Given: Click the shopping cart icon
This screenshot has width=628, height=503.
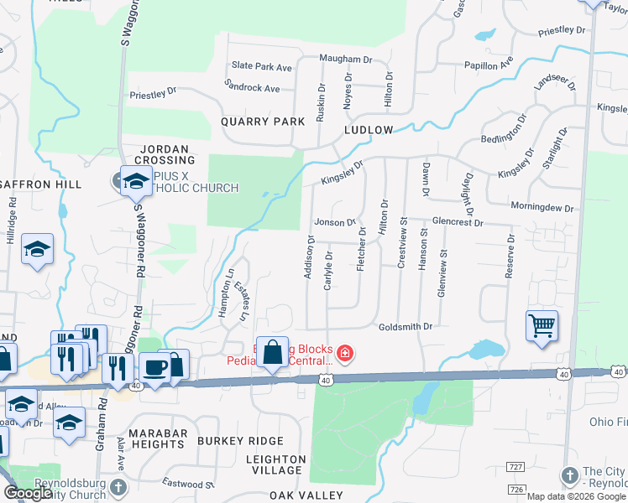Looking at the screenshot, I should tap(542, 326).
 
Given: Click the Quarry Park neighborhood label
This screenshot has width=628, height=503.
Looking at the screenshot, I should tap(263, 122).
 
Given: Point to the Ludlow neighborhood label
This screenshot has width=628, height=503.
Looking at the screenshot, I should tap(368, 130).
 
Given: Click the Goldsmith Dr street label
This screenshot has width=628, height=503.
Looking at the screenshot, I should tap(405, 327).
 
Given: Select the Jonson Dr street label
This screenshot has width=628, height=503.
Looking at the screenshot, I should tap(335, 222).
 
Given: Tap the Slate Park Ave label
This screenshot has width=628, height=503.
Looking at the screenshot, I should tap(261, 66).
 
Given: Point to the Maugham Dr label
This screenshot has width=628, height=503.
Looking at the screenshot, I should tap(345, 60).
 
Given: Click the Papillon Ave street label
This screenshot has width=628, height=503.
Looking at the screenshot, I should tap(489, 65).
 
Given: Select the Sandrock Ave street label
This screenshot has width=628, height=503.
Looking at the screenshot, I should tap(252, 87).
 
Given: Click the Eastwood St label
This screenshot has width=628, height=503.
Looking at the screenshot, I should tap(191, 485).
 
